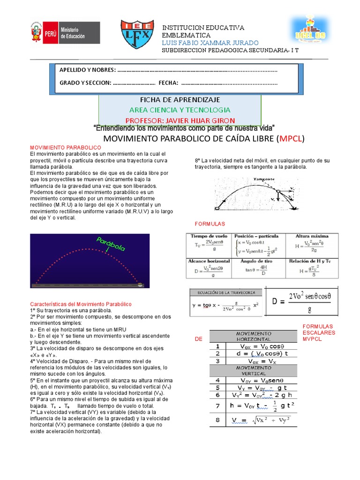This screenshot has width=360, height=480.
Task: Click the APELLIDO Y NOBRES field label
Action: pyautogui.click(x=87, y=70)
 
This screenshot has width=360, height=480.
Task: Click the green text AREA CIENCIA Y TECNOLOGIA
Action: pyautogui.click(x=180, y=110)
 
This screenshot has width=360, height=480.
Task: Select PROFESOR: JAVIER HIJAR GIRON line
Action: pyautogui.click(x=180, y=120)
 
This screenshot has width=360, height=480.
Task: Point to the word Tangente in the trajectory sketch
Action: pyautogui.click(x=264, y=180)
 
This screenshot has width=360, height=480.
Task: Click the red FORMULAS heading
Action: pyautogui.click(x=210, y=224)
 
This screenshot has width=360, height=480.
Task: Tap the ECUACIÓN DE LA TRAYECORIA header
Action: pyautogui.click(x=223, y=292)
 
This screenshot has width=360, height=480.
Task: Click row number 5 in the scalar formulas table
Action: pyautogui.click(x=217, y=388)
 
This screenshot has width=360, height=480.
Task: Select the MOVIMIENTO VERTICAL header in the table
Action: pyautogui.click(x=253, y=371)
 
